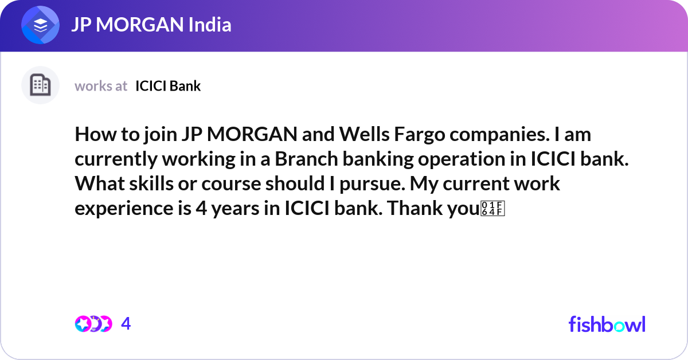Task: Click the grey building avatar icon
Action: coord(40,85)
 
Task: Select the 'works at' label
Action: coord(101,86)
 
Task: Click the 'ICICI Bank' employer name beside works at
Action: coord(168,86)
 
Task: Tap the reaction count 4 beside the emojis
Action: coord(126,324)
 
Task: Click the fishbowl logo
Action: coord(607,324)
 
